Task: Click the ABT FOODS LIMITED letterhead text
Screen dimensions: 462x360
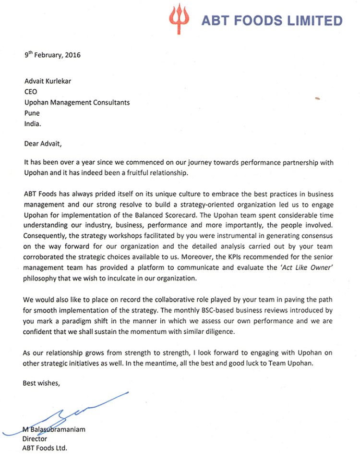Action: pyautogui.click(x=271, y=21)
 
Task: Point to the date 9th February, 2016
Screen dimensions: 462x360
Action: pyautogui.click(x=52, y=55)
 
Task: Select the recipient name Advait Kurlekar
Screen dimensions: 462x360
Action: pyautogui.click(x=48, y=80)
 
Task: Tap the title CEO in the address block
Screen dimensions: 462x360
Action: pyautogui.click(x=30, y=91)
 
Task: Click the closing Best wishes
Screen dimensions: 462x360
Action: pyautogui.click(x=42, y=384)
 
